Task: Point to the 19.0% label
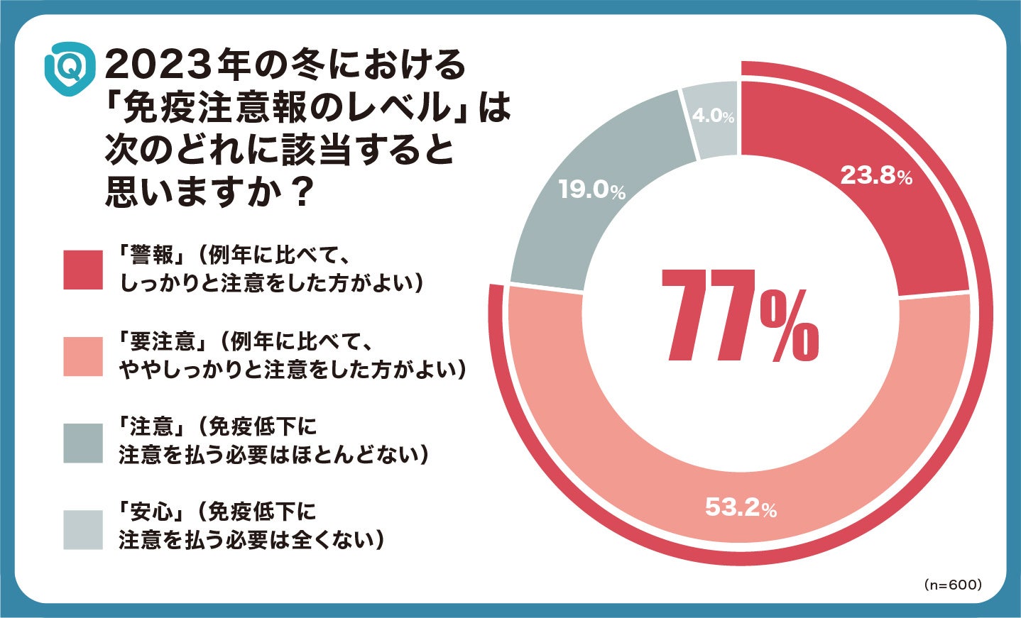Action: click(591, 189)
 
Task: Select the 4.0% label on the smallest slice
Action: click(712, 116)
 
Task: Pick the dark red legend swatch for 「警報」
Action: click(83, 270)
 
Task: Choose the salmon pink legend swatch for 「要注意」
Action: click(83, 355)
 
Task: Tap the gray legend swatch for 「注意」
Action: click(83, 443)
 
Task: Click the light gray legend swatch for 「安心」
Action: click(83, 529)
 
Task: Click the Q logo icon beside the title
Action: click(70, 68)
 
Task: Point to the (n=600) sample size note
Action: click(953, 585)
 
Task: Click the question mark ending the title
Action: click(303, 192)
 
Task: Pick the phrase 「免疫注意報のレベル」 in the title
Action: click(288, 109)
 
